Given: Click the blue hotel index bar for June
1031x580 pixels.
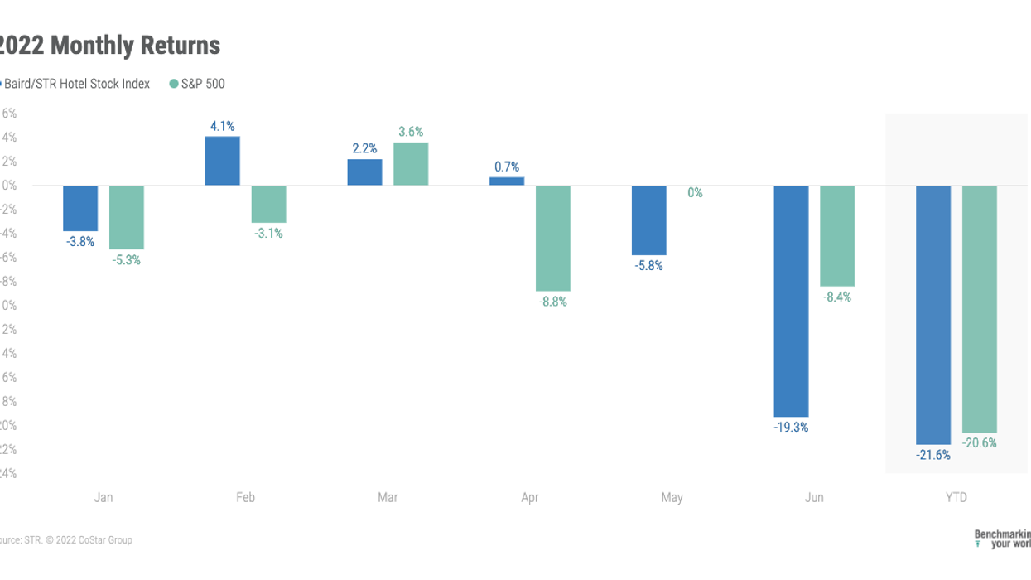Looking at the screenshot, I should pos(791,300).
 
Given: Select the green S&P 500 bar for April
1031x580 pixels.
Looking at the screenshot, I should pos(553,238).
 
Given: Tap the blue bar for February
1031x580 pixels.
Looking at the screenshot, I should pos(222,161).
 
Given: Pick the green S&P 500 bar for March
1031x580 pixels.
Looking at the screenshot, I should pos(411,164).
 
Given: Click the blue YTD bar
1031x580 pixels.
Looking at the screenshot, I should pos(933,315).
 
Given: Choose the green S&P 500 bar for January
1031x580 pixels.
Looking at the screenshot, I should pos(127,217).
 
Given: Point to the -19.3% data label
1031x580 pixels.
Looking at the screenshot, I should pos(791,428).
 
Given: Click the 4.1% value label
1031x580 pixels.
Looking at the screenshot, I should pos(222,126).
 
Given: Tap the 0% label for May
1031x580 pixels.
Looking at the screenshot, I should pos(695,193).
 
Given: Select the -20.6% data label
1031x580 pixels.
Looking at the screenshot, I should pos(980,443).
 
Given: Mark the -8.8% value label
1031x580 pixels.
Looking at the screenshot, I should pos(553,302).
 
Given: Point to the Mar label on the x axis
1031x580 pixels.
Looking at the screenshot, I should pos(388,498).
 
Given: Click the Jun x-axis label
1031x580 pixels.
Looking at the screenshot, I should pos(815,498).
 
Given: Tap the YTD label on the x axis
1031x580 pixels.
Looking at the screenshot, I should pos(956,498).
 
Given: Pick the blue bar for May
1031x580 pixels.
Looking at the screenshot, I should pos(648,220).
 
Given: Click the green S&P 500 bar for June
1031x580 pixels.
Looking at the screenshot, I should pos(837,235).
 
